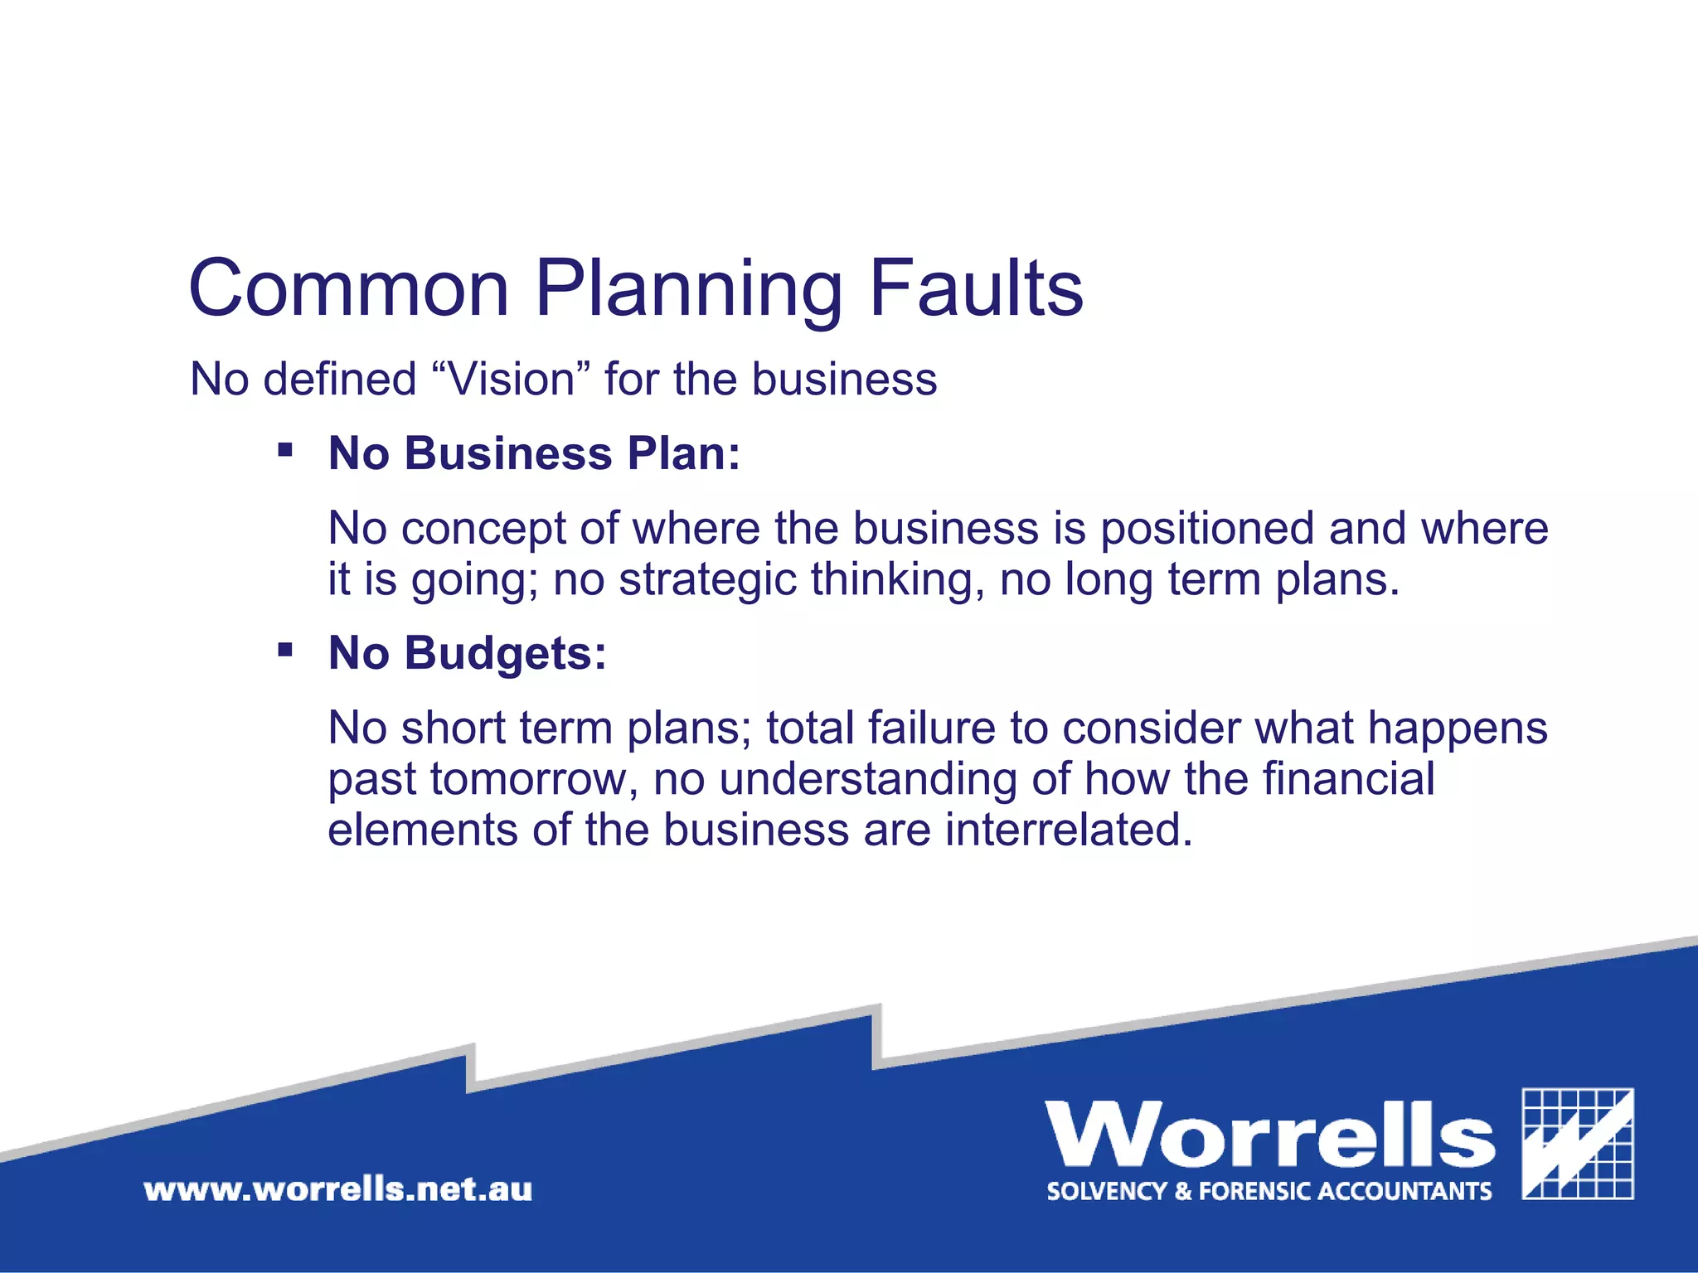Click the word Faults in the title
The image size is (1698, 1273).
coord(976,288)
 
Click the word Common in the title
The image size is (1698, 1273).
coord(349,288)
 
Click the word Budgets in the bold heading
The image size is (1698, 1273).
coord(506,653)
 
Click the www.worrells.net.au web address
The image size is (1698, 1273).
coord(338,1190)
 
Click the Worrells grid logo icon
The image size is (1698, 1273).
coord(1578,1144)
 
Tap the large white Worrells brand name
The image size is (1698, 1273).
coord(1270,1135)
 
